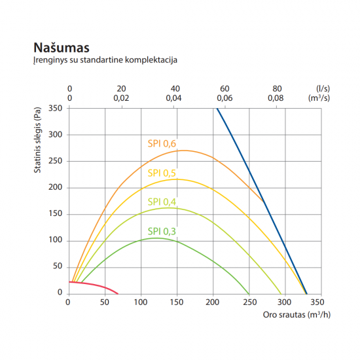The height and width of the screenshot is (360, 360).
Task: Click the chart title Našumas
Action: (x=61, y=48)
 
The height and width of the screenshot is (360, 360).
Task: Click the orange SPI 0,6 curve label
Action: (x=162, y=143)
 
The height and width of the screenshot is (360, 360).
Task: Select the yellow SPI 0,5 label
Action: (x=162, y=173)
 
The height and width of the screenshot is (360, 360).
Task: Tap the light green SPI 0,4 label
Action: (x=162, y=202)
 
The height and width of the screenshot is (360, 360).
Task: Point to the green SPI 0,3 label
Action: (x=162, y=231)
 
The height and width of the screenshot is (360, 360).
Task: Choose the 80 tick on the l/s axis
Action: (x=277, y=88)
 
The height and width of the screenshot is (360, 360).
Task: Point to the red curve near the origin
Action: (x=92, y=284)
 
